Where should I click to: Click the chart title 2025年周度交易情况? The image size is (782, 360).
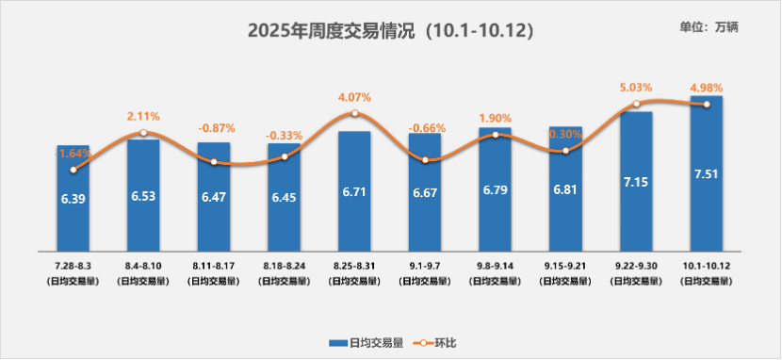tap(390, 30)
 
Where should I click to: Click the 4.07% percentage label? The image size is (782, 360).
tap(354, 97)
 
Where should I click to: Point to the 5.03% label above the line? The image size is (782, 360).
tap(636, 88)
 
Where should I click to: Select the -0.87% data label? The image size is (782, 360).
tap(214, 127)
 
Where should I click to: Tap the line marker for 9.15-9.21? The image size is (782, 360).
tap(565, 151)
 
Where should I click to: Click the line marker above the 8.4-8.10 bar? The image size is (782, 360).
tap(143, 133)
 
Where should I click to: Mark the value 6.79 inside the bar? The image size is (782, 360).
tap(495, 201)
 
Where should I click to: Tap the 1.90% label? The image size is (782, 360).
tap(495, 119)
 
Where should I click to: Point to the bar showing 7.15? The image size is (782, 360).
tap(636, 188)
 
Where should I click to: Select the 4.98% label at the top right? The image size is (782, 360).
tap(707, 89)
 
